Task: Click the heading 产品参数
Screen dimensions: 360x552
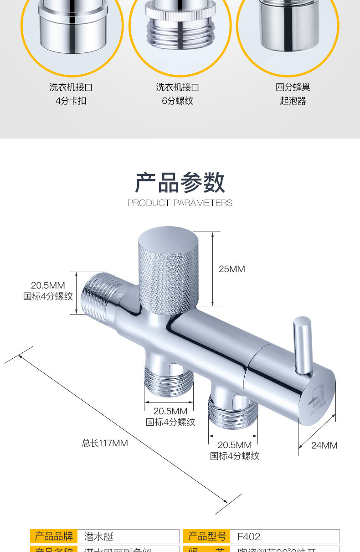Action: [180, 182]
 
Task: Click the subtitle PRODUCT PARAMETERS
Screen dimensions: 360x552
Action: [180, 203]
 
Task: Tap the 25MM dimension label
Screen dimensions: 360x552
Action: [231, 269]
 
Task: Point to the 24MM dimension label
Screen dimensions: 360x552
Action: [324, 445]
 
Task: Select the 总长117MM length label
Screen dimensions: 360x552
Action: [105, 443]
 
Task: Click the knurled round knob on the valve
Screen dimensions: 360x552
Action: [167, 273]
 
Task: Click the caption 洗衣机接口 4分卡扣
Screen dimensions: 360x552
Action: [71, 94]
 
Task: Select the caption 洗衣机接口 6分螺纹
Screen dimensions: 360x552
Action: [178, 94]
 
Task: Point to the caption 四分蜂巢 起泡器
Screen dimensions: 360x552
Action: [293, 94]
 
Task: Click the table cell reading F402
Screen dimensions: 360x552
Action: [249, 536]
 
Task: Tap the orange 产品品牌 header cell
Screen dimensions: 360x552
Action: [54, 536]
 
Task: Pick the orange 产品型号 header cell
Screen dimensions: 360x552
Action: [207, 536]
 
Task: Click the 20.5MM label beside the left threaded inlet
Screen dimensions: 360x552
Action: [48, 290]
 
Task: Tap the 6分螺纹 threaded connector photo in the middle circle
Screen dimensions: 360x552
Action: [180, 27]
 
